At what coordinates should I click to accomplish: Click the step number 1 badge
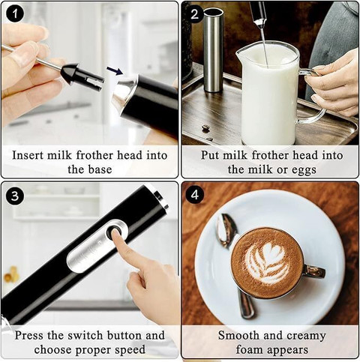point(15,14)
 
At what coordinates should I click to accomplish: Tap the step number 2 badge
point(195,14)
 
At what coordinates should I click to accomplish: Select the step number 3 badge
point(15,196)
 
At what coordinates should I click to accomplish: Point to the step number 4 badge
point(195,196)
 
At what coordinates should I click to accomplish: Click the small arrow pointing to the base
point(114,71)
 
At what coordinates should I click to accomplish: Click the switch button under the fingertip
point(115,234)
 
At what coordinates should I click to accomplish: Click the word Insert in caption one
point(30,155)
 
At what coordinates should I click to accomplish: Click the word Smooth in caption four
point(238,335)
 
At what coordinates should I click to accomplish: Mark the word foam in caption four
point(240,349)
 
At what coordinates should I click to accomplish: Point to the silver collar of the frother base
point(123,94)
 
